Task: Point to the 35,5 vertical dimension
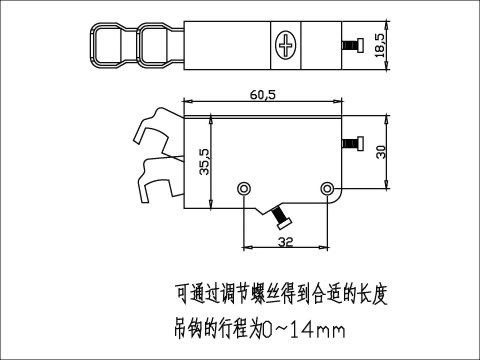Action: (203, 163)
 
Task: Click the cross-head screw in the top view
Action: (287, 45)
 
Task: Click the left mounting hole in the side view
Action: (245, 188)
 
